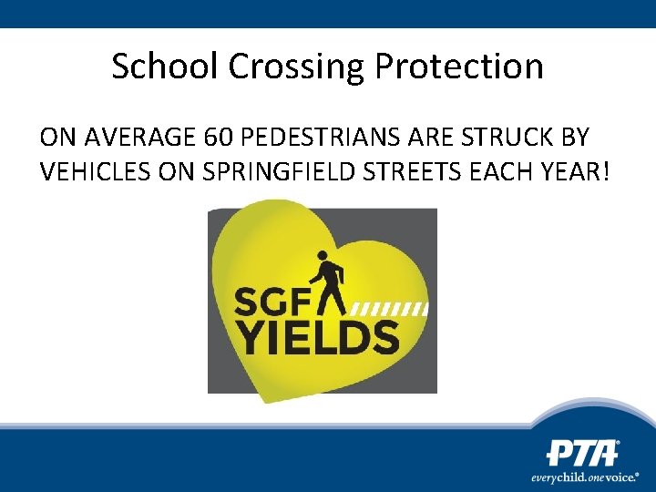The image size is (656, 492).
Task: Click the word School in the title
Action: click(x=165, y=66)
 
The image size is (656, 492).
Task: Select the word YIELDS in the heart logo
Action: click(x=319, y=337)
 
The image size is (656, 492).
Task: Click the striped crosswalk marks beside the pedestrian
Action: click(x=390, y=308)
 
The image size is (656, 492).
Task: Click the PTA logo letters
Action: click(x=582, y=454)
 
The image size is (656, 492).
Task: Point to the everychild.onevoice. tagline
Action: click(x=584, y=477)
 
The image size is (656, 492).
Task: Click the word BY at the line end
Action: click(x=574, y=138)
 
